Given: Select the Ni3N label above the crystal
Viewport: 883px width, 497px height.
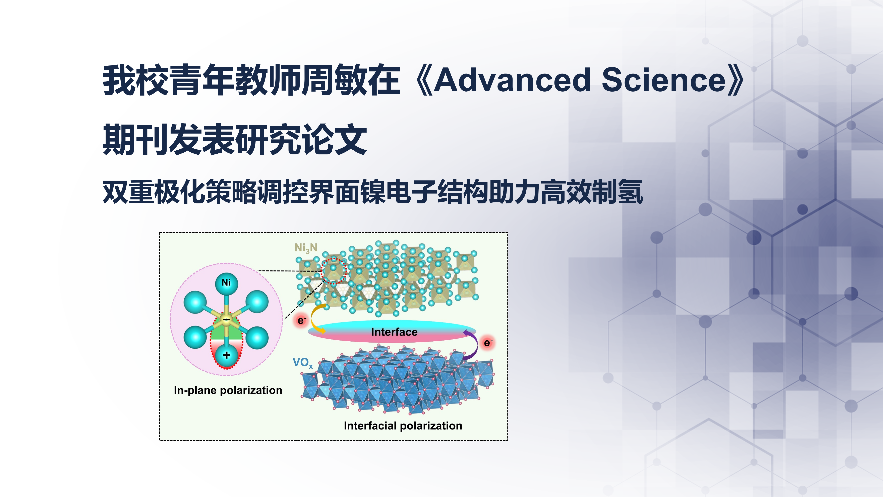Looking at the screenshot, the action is click(306, 248).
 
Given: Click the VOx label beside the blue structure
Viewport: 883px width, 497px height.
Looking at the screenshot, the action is click(303, 362).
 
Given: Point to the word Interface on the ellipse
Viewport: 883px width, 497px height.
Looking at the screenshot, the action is click(394, 332).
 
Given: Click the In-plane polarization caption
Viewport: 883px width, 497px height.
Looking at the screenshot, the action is click(228, 390).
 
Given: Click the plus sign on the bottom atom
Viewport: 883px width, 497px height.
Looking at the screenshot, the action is click(226, 355).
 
